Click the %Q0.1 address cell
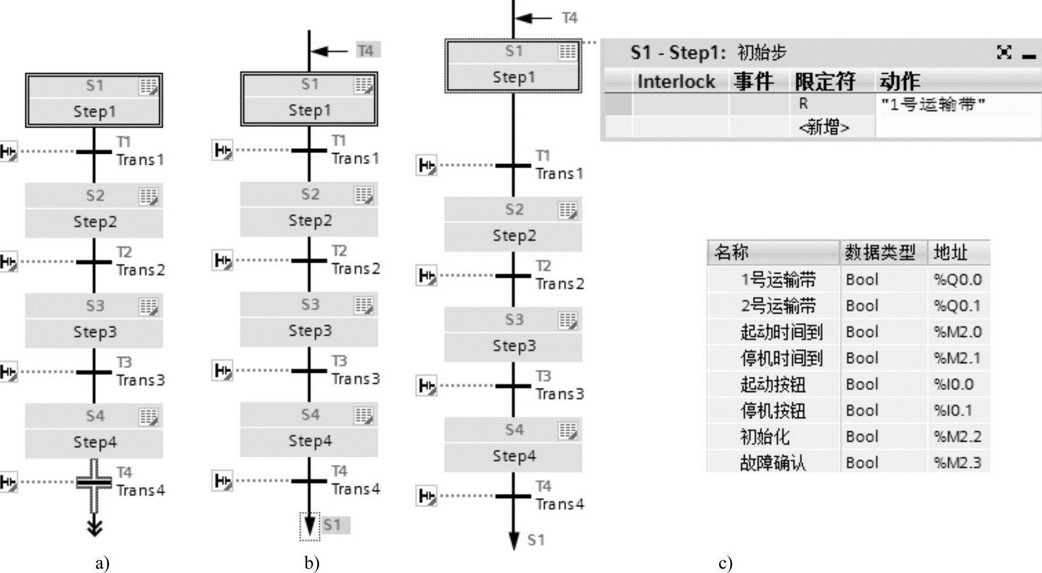957,306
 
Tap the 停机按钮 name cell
773,411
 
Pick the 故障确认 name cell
773,463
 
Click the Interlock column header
675,82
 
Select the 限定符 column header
825,82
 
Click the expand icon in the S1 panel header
1004,53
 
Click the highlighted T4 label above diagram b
366,50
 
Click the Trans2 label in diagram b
356,268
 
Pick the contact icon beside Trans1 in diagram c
426,165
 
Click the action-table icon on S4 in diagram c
568,431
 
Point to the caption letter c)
725,563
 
